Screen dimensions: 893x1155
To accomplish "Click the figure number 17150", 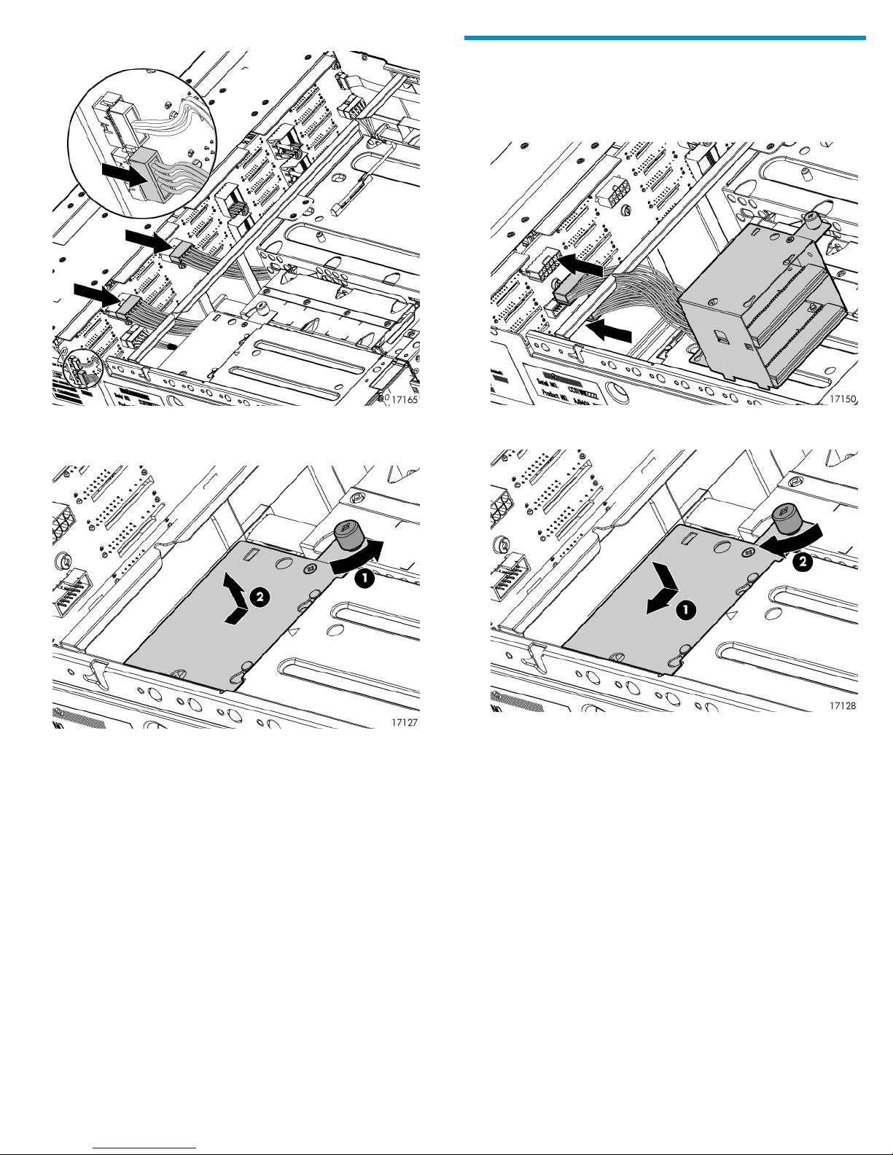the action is coord(843,399).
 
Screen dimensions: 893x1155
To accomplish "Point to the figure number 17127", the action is coord(405,722).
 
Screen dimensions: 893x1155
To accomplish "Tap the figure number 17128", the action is coord(842,706).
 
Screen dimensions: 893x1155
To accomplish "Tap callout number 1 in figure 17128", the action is coord(685,611).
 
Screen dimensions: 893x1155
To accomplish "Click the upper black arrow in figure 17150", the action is coord(580,266).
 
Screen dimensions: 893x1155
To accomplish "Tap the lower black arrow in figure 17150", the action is coord(610,332).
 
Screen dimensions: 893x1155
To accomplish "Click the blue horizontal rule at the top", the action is coord(664,38).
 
